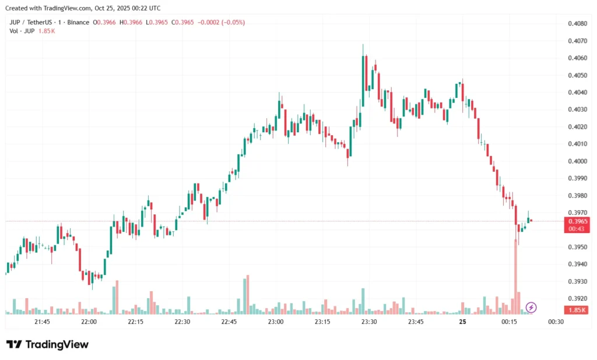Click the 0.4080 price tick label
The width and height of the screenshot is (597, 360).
coord(577,24)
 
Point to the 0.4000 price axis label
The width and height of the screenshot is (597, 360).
coord(577,161)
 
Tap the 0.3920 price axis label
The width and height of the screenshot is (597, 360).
coord(577,298)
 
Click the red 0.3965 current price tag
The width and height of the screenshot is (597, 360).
coord(577,221)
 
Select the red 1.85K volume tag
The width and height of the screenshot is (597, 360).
coord(577,309)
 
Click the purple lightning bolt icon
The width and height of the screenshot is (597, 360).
coord(531,307)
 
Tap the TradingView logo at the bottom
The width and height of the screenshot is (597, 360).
coord(47,344)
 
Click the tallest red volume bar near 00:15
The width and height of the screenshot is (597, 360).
coord(515,274)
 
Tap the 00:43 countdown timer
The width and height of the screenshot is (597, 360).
coord(577,229)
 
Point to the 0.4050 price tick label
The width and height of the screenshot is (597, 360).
coord(577,75)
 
